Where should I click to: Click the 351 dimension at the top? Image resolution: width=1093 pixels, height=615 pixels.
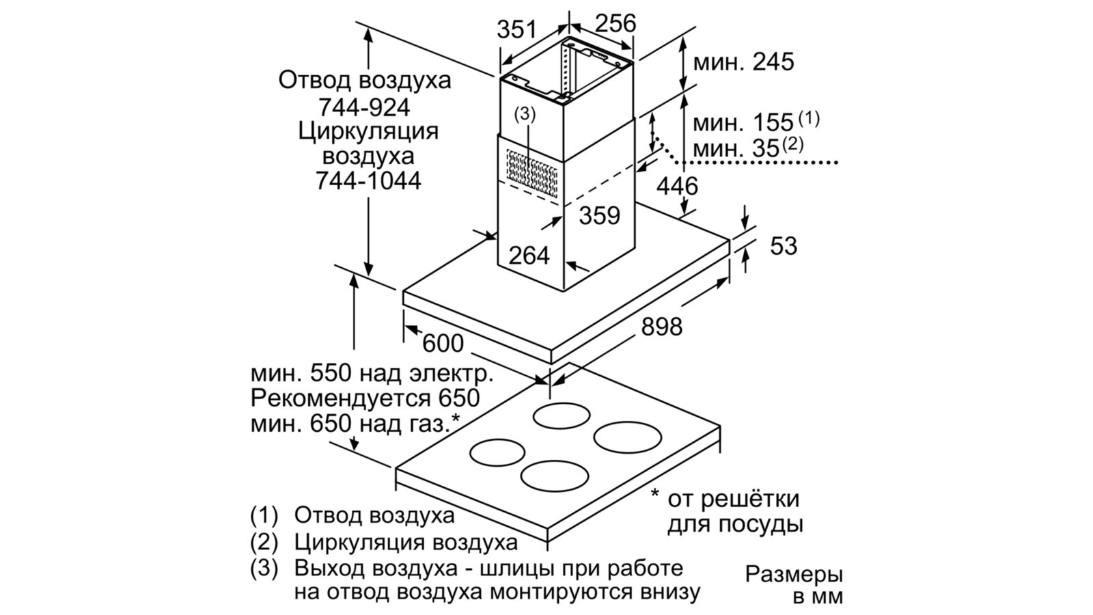click(516, 30)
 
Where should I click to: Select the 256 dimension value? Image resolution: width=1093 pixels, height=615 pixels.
click(616, 23)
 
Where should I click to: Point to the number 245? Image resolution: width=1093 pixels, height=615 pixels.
click(774, 62)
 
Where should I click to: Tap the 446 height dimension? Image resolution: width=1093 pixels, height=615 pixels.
click(677, 186)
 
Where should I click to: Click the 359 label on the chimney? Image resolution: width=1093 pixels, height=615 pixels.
click(600, 215)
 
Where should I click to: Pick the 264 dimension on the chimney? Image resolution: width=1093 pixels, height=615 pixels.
click(529, 256)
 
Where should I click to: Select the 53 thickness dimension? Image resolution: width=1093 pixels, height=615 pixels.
click(784, 246)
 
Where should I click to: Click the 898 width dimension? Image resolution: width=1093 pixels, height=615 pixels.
click(662, 327)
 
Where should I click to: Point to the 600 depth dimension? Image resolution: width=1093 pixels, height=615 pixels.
click(443, 344)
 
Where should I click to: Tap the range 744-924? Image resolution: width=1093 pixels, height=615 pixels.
click(364, 107)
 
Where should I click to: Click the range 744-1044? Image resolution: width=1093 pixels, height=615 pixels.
click(368, 181)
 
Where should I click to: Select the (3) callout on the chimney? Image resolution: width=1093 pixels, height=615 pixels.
click(525, 114)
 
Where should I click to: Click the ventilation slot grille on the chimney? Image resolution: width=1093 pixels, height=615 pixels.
click(532, 174)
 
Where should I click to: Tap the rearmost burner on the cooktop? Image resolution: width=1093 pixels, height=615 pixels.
click(562, 416)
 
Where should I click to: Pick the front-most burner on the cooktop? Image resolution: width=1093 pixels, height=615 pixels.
click(554, 476)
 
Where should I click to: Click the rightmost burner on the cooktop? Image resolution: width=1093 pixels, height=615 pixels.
click(628, 437)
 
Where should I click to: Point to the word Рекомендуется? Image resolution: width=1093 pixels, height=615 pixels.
click(340, 399)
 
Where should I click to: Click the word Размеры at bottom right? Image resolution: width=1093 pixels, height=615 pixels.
click(794, 575)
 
